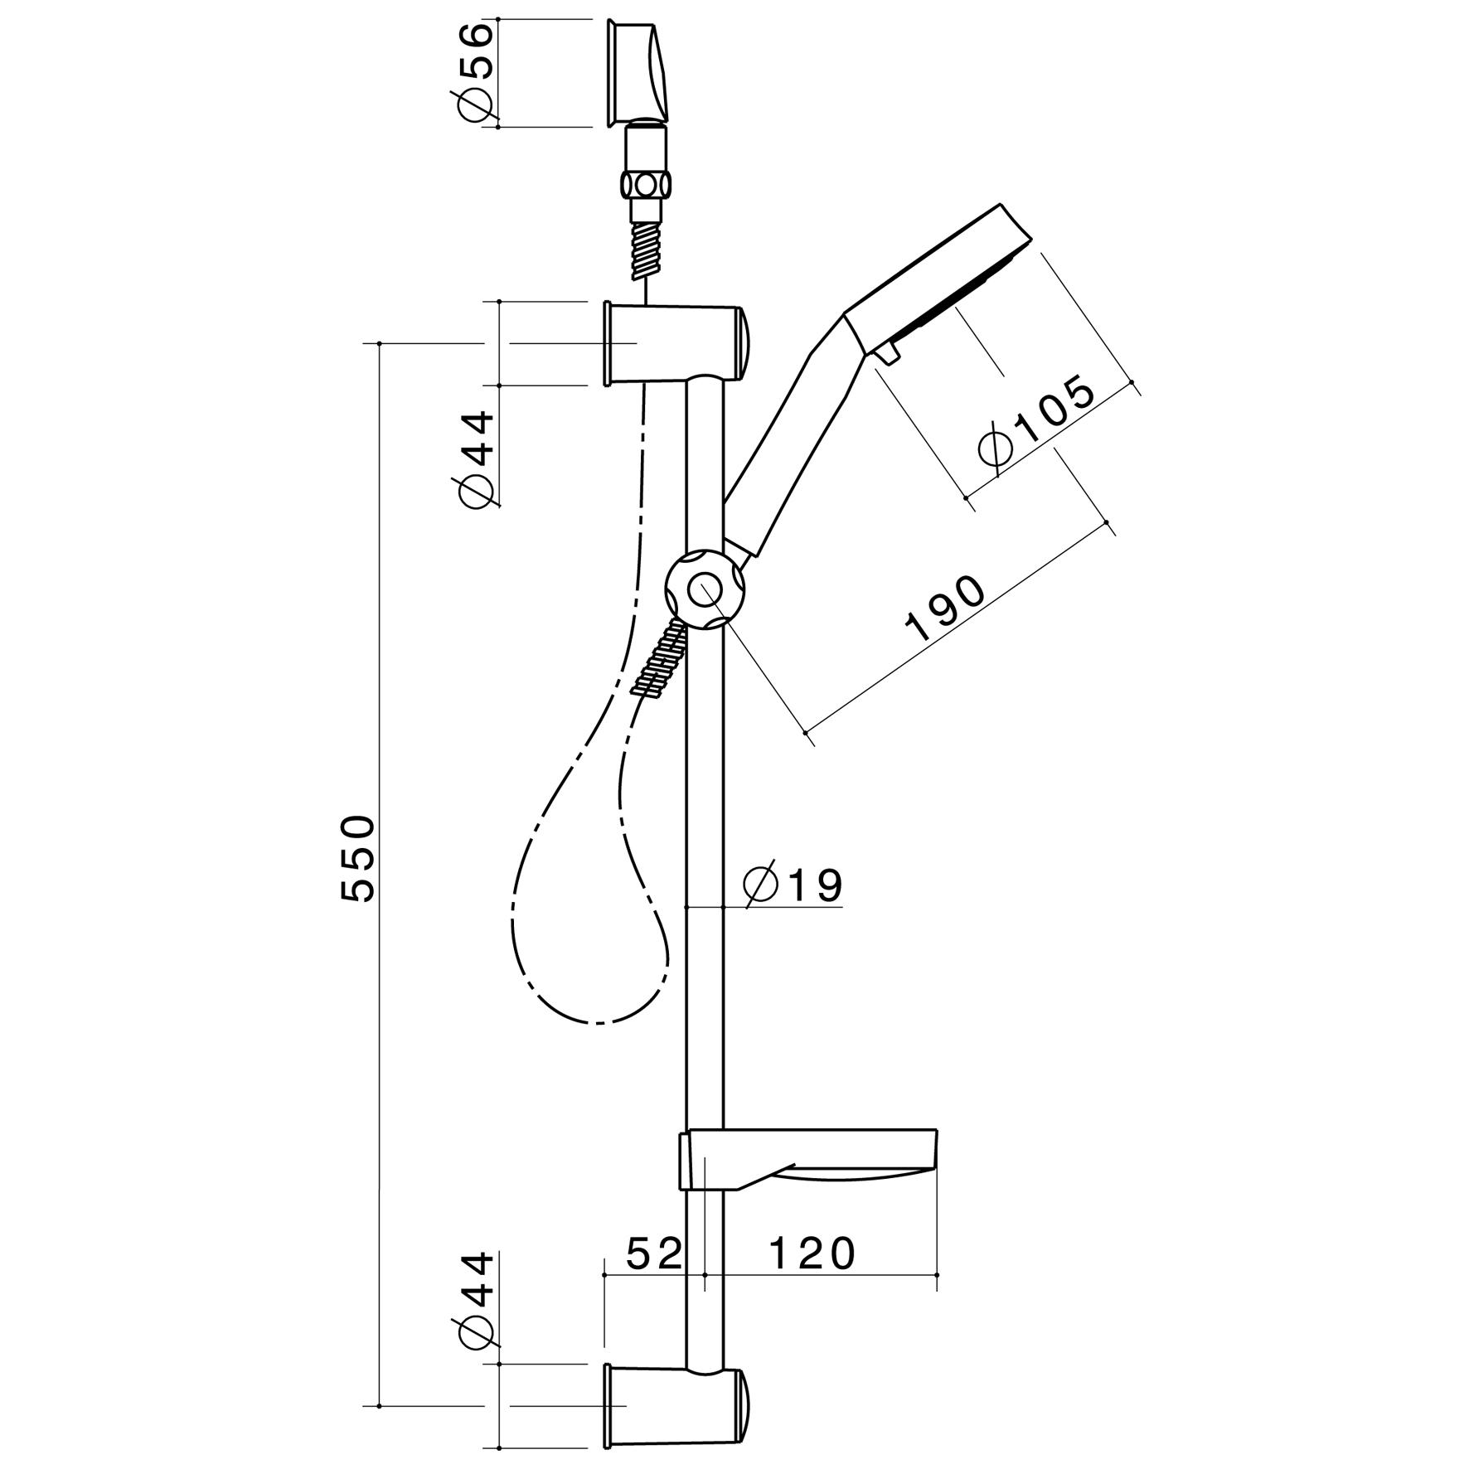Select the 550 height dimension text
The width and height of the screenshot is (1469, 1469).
pyautogui.click(x=359, y=857)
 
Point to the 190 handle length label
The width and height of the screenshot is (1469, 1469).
pyautogui.click(x=946, y=608)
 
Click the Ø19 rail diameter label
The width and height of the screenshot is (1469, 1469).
pyautogui.click(x=793, y=885)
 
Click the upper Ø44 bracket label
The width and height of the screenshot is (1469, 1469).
pyautogui.click(x=476, y=459)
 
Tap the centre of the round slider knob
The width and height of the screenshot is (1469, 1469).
pyautogui.click(x=705, y=590)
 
